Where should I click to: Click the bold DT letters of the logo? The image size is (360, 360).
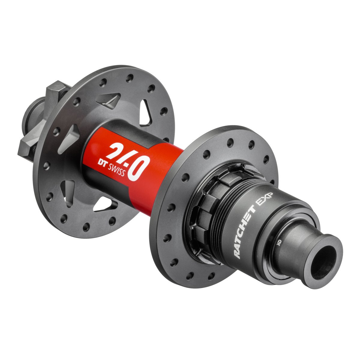[102, 162]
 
